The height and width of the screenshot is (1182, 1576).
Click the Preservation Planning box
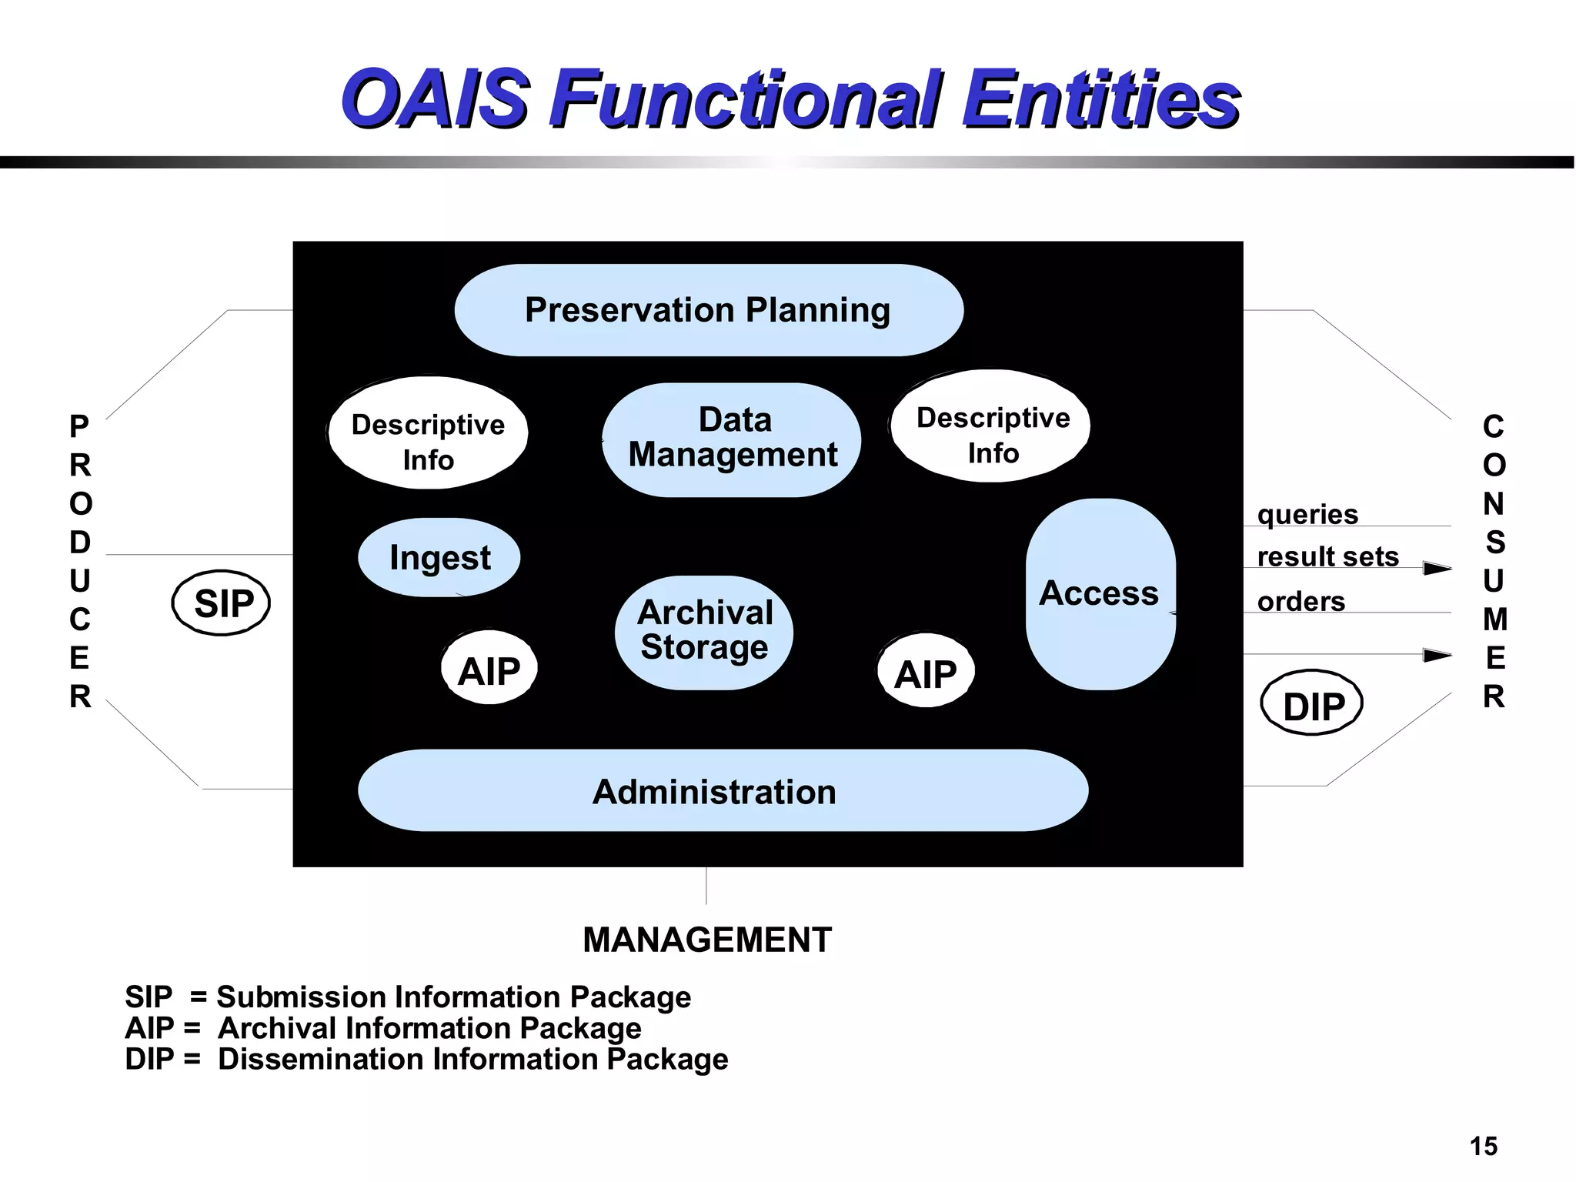[708, 310]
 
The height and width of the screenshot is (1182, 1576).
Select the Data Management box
[732, 439]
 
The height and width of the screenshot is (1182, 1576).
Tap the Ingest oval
[439, 557]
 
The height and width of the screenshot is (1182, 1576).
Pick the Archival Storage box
[704, 631]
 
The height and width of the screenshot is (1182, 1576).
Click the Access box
[1100, 593]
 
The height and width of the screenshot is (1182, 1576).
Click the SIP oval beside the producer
[222, 603]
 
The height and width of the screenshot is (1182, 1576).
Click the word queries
[1307, 514]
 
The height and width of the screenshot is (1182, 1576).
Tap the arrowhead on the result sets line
[1436, 569]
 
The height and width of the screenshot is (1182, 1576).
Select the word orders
[1301, 601]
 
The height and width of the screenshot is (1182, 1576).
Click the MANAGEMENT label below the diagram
[706, 940]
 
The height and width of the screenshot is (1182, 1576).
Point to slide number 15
[1483, 1146]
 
